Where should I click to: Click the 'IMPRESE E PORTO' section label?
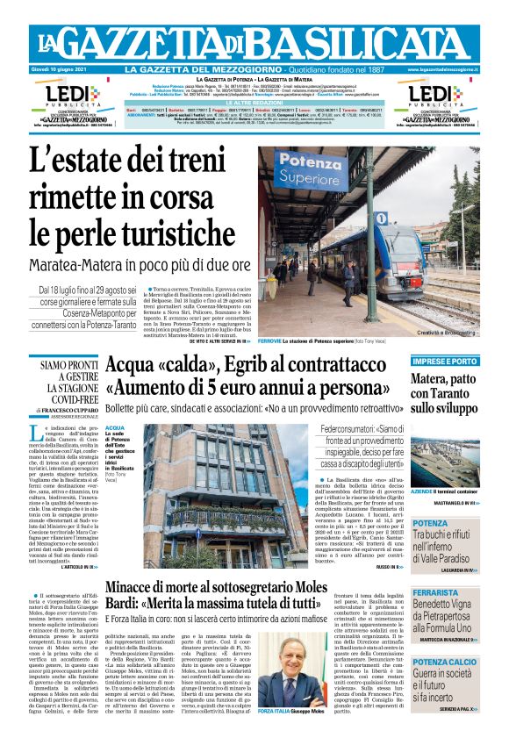[x=446, y=361]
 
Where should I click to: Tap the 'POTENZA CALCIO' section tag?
[x=446, y=661]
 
